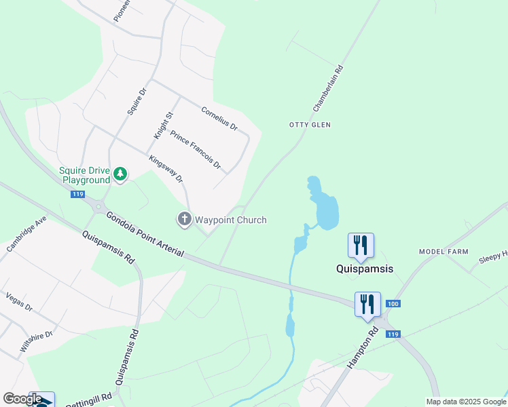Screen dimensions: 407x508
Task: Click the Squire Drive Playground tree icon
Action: click(120, 174)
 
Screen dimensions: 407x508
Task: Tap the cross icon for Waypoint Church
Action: click(184, 219)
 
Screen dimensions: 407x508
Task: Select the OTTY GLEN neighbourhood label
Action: click(310, 125)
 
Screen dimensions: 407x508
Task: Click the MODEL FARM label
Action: click(443, 251)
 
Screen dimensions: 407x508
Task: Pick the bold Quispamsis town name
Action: click(365, 269)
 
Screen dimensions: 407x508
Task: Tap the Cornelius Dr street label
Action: click(219, 118)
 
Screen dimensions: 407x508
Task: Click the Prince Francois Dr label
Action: click(196, 150)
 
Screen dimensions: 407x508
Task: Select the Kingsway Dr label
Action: click(166, 169)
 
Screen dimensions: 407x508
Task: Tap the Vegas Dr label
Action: click(19, 301)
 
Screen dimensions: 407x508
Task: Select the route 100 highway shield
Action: click(392, 303)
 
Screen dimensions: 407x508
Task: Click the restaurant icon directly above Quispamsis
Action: click(361, 245)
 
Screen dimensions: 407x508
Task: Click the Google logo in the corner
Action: click(22, 399)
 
